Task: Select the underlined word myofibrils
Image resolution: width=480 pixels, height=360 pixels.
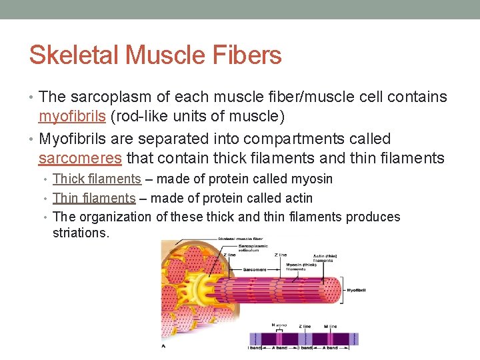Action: point(71,117)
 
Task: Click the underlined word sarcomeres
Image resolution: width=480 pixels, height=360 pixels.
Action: point(80,159)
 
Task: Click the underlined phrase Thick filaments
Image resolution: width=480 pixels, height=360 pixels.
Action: point(97,179)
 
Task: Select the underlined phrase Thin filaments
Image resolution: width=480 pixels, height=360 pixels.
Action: point(94,198)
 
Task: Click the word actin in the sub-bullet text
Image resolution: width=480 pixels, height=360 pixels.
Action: point(297,198)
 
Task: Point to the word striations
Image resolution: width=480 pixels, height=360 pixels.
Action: point(80,233)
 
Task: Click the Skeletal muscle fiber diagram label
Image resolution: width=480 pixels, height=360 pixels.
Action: point(241,238)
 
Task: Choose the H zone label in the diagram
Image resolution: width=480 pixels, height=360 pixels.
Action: point(279,325)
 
